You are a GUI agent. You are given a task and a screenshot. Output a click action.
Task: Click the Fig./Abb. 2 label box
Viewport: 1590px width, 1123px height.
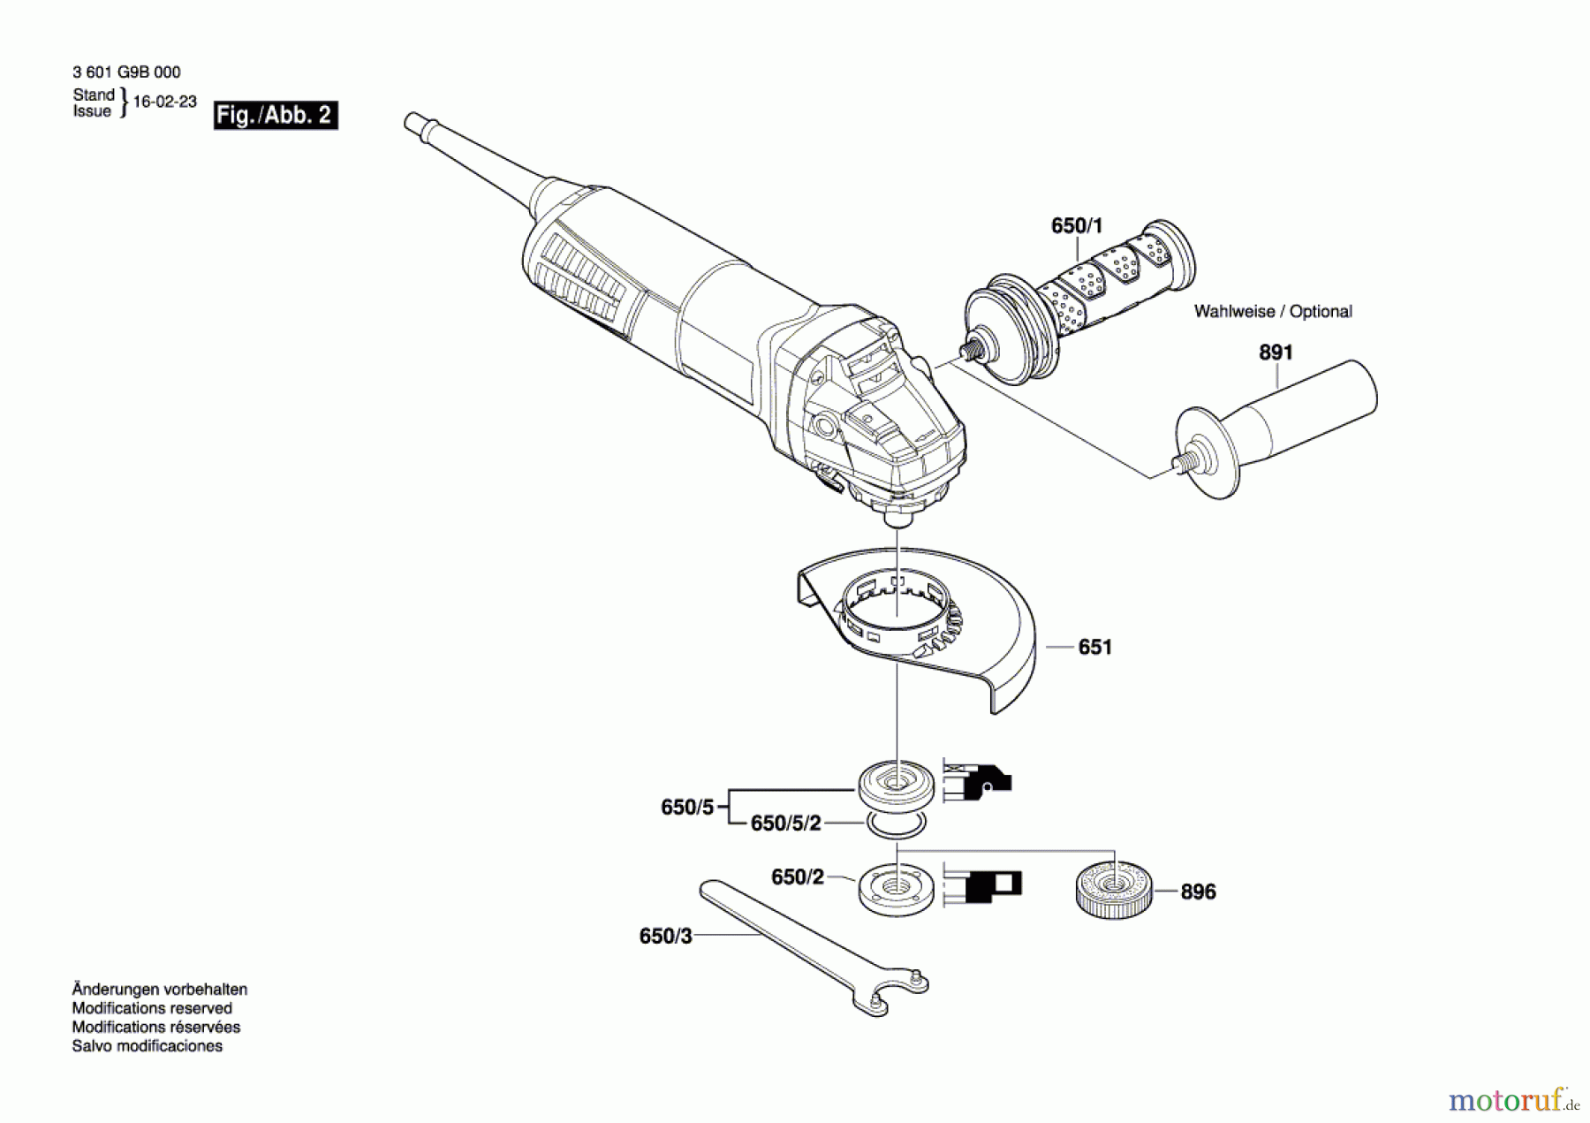[275, 116]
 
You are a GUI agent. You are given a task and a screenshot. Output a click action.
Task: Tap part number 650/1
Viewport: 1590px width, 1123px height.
[1076, 226]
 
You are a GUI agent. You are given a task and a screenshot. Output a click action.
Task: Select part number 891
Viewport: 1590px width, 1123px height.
[1275, 353]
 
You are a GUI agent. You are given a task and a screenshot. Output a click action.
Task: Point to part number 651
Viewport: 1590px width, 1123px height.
[1094, 648]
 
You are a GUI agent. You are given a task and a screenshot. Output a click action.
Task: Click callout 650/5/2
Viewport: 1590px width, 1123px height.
[785, 823]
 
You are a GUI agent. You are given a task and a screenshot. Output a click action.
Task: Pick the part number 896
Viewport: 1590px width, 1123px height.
[1198, 892]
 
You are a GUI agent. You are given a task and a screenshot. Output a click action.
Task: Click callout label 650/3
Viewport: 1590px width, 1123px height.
[665, 937]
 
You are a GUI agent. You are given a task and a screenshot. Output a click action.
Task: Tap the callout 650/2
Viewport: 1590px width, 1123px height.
[797, 877]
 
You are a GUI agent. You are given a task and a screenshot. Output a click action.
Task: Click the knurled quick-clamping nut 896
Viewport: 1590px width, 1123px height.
[1114, 890]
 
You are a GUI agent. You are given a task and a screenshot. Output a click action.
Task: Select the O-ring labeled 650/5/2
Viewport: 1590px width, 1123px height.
[897, 826]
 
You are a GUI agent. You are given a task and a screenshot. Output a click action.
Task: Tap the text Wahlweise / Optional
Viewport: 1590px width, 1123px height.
[1272, 312]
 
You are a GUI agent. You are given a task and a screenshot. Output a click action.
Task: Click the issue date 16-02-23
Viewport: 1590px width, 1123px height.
[164, 102]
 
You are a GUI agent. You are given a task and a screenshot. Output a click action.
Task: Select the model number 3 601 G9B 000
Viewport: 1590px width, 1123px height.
[126, 72]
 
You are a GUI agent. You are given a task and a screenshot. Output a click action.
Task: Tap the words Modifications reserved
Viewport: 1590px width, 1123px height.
[152, 1008]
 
